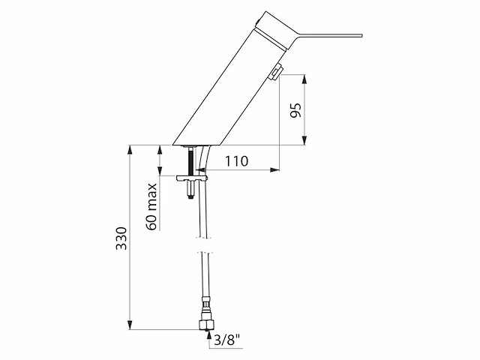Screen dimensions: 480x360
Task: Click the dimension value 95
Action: tap(296, 110)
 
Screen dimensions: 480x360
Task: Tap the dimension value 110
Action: tap(237, 161)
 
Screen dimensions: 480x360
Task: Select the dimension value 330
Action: tap(121, 238)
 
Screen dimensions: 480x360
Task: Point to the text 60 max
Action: tap(151, 207)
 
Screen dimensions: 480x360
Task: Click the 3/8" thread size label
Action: tap(226, 340)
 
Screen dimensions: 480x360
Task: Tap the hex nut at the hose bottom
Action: tap(206, 324)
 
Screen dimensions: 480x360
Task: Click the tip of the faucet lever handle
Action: tap(361, 35)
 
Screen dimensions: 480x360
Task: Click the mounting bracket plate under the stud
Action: tap(192, 178)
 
